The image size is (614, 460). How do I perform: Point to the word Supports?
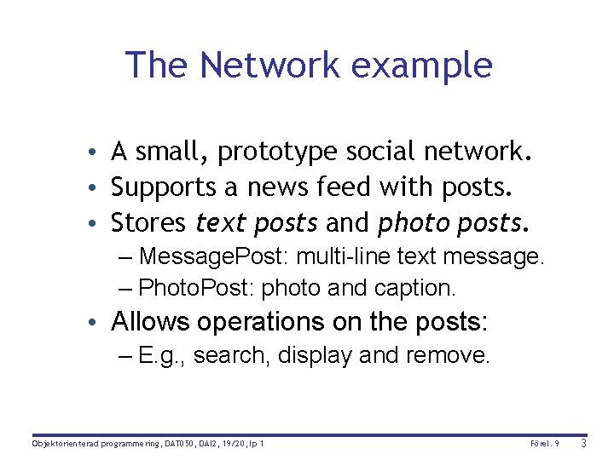(169, 188)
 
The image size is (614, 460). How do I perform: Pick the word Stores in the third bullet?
(148, 223)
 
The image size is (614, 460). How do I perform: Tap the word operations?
(266, 322)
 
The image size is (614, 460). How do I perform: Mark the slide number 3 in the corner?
(583, 444)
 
